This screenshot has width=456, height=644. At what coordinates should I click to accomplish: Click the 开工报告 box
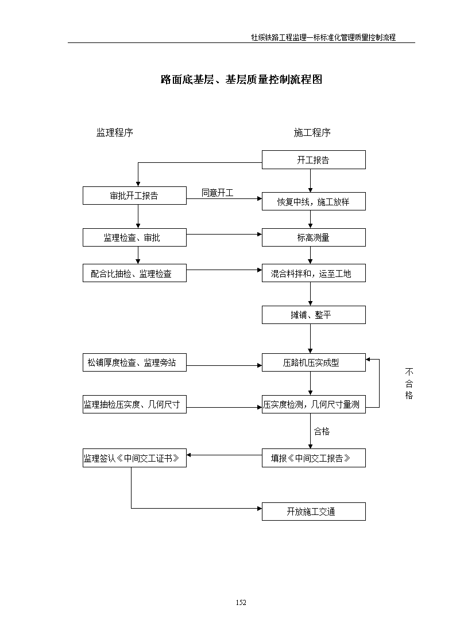[314, 160]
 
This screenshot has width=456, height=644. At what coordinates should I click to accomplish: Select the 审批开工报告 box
[134, 196]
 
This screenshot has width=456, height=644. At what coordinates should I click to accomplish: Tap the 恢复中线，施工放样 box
[314, 201]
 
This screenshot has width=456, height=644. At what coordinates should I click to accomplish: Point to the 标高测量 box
[314, 237]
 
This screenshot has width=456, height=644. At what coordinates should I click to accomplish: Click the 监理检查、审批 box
[134, 237]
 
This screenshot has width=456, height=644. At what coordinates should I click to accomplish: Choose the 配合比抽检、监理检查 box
[134, 273]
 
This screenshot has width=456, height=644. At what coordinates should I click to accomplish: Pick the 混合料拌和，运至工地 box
[314, 273]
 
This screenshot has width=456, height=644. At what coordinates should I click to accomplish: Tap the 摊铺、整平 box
[314, 315]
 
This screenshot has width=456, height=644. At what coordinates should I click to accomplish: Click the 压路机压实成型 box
[314, 362]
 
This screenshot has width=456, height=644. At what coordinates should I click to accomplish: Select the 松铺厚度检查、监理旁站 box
[134, 362]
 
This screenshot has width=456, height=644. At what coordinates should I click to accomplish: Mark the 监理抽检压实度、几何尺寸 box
[134, 404]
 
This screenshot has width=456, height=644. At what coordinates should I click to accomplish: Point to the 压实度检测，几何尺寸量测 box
[314, 404]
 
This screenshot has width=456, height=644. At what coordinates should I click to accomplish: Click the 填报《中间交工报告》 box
[314, 458]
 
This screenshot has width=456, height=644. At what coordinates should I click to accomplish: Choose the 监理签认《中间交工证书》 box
[134, 458]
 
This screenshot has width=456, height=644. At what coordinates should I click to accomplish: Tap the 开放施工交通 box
[314, 512]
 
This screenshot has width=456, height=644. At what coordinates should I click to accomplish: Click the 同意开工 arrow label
[217, 193]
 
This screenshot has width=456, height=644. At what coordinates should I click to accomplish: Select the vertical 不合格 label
[409, 384]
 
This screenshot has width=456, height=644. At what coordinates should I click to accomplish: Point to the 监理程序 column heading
[115, 132]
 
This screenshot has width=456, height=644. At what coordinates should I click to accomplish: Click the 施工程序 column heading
[312, 132]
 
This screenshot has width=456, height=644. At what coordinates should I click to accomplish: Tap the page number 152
[241, 603]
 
